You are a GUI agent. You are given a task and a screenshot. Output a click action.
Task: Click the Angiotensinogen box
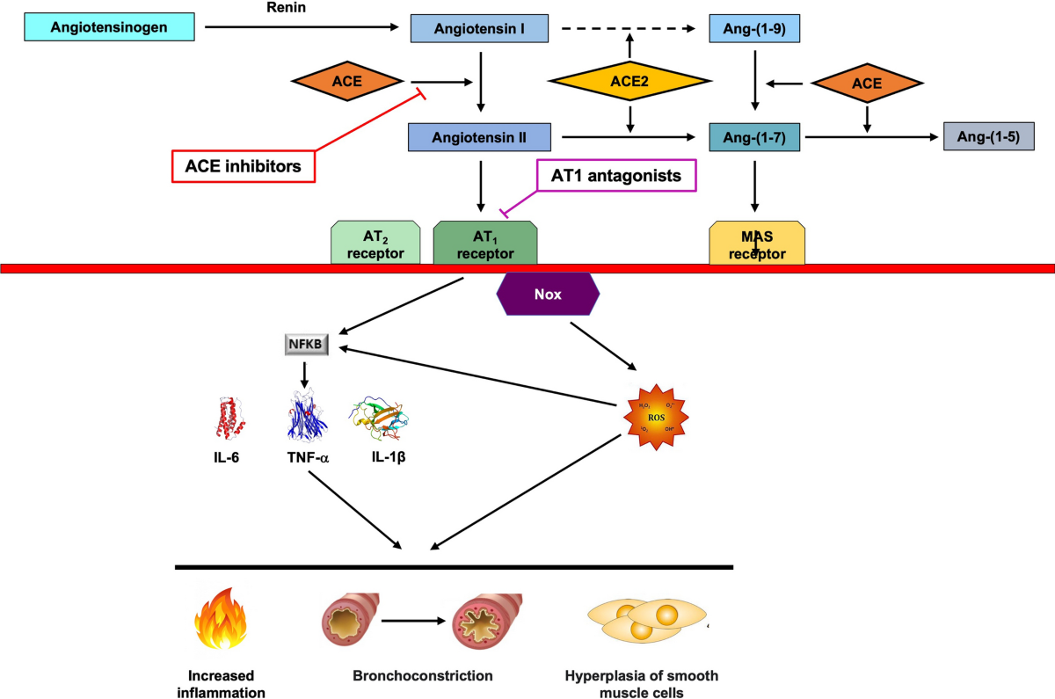108,27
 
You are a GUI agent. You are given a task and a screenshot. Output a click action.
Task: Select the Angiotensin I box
480,28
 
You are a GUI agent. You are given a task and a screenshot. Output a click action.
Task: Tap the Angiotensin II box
479,137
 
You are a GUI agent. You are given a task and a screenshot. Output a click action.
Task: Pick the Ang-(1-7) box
754,137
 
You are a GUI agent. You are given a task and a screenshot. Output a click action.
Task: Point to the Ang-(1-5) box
987,137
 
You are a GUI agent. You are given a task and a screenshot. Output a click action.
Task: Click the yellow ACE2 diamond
629,83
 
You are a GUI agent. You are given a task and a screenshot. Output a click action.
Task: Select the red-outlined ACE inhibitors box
243,164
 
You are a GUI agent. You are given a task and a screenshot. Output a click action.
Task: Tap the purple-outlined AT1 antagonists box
615,176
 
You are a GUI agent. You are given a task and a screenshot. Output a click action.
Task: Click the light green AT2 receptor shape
375,243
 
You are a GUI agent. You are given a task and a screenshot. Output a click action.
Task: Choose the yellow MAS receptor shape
757,243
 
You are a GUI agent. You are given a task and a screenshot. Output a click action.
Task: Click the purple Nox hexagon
548,295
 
